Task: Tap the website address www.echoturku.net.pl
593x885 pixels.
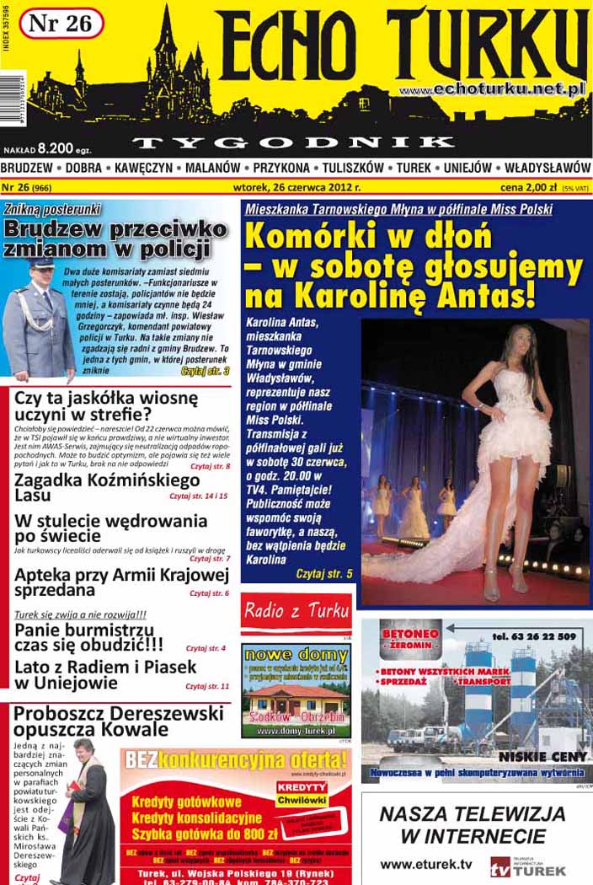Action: (x=492, y=89)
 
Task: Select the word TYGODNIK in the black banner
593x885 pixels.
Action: (x=295, y=142)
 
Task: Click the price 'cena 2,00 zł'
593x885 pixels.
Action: (x=529, y=187)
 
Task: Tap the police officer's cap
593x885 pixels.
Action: (x=40, y=263)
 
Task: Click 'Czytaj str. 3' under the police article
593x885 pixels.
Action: (x=205, y=370)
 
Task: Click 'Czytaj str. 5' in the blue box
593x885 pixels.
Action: (x=324, y=573)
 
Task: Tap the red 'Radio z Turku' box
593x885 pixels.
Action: (x=296, y=612)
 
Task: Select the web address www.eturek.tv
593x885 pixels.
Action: (x=426, y=864)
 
